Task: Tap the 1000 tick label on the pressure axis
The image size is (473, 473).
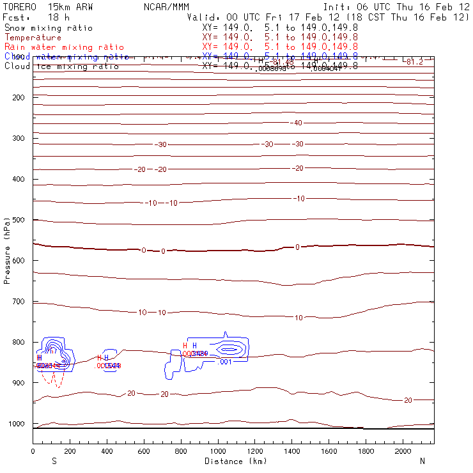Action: click(16, 424)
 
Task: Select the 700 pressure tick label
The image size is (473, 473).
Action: click(19, 301)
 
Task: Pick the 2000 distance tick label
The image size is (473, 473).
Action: click(403, 451)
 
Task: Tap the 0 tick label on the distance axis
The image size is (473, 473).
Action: click(33, 451)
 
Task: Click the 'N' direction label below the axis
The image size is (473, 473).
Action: click(422, 461)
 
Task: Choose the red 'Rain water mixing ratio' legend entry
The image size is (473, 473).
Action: click(64, 47)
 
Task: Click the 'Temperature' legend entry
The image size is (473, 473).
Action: click(33, 38)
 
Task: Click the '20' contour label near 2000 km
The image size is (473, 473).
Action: click(408, 400)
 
